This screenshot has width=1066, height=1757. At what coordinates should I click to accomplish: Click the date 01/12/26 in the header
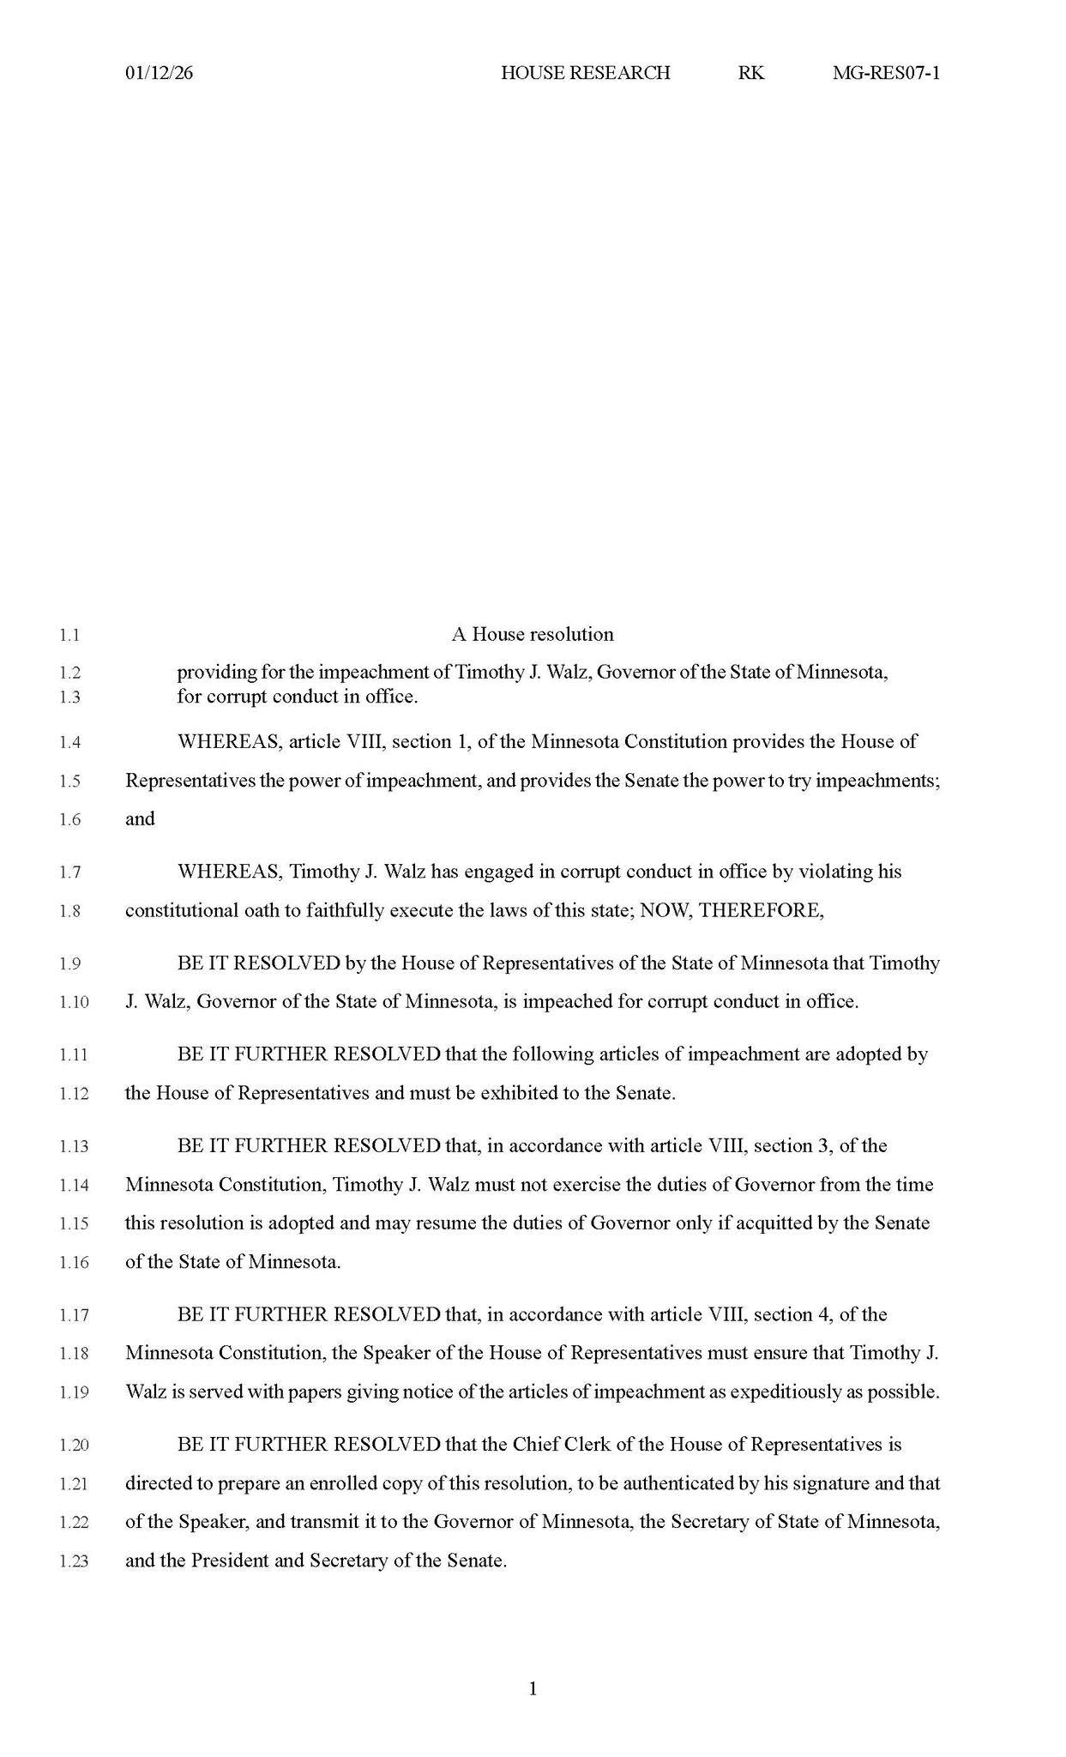(159, 73)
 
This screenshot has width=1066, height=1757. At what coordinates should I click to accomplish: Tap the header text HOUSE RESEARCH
(585, 73)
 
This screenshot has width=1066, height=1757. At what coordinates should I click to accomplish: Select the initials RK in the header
(750, 73)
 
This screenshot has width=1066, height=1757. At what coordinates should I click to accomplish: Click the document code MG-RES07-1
(886, 73)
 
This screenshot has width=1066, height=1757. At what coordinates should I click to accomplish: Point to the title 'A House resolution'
(533, 635)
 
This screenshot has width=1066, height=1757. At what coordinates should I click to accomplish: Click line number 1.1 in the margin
(69, 636)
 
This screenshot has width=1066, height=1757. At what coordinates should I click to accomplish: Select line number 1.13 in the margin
(74, 1146)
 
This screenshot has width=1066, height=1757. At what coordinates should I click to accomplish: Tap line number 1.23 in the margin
(74, 1561)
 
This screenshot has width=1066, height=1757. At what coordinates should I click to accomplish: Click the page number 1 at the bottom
(533, 1689)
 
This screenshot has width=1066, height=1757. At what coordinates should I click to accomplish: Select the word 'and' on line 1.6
(140, 819)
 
